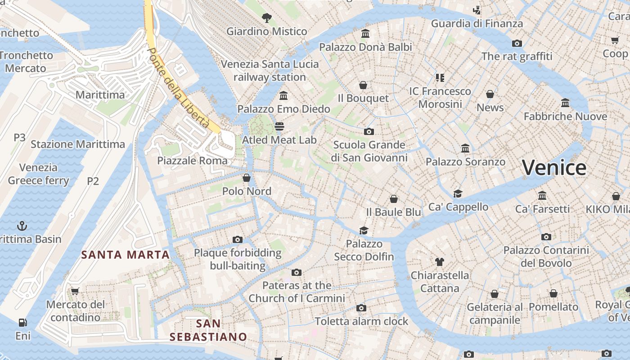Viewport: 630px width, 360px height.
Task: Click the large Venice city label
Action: (x=554, y=168)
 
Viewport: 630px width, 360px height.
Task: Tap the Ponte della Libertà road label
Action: (x=179, y=87)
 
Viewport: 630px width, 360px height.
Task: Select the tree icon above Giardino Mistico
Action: (x=267, y=18)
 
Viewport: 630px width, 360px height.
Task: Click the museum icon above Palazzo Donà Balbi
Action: (x=365, y=34)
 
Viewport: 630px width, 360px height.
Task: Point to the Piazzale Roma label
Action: (x=192, y=161)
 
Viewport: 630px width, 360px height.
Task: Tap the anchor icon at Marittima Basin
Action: (x=22, y=225)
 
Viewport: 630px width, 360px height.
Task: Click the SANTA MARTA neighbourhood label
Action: (x=125, y=255)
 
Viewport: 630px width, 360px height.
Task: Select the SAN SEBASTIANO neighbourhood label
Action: (x=208, y=330)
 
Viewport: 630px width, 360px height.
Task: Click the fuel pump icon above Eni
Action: (x=22, y=323)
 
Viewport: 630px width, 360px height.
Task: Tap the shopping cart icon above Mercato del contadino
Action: (x=75, y=291)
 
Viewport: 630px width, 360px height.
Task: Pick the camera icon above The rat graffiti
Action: (x=517, y=43)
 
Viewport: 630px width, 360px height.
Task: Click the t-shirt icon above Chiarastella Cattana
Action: (x=439, y=262)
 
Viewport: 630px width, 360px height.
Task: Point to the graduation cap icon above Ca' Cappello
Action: (x=458, y=193)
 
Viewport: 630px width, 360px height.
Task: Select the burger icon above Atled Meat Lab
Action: (x=279, y=126)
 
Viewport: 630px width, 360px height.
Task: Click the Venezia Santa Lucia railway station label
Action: (x=270, y=71)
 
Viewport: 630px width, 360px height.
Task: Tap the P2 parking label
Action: (x=93, y=181)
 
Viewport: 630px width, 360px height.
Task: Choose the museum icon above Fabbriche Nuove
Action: (x=565, y=103)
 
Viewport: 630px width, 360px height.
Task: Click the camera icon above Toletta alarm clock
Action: (x=361, y=308)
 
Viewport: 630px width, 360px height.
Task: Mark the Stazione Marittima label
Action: (x=77, y=144)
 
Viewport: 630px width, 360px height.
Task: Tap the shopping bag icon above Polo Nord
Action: (x=247, y=178)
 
